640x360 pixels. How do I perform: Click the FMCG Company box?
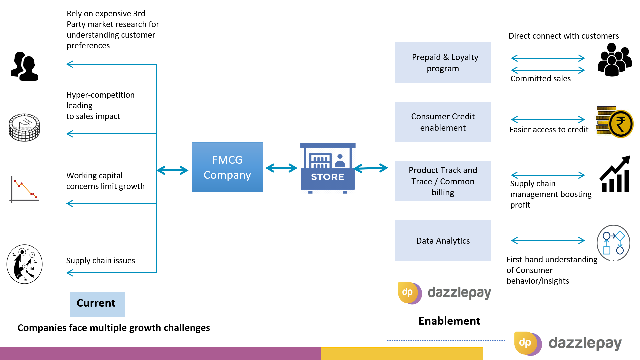(227, 167)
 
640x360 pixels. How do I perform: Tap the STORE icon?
(328, 168)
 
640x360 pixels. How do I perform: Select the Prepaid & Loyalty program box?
(443, 62)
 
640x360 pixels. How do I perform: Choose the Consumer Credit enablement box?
(443, 122)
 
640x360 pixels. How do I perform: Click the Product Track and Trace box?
(443, 181)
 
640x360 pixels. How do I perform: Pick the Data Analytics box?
(443, 241)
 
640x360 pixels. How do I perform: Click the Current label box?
(98, 304)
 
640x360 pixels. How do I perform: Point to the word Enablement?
(449, 321)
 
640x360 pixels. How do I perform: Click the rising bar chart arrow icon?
(615, 174)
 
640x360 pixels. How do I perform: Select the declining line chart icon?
(24, 189)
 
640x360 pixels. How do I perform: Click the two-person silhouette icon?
(24, 66)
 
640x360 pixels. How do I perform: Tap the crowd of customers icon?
(614, 60)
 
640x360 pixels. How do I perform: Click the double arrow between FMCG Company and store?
(281, 168)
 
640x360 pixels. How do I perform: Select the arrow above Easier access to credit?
(548, 119)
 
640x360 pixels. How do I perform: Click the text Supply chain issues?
(101, 261)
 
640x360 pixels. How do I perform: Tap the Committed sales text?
(541, 79)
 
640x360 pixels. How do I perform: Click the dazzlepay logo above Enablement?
(445, 293)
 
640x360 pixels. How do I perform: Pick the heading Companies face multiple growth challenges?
(114, 328)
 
